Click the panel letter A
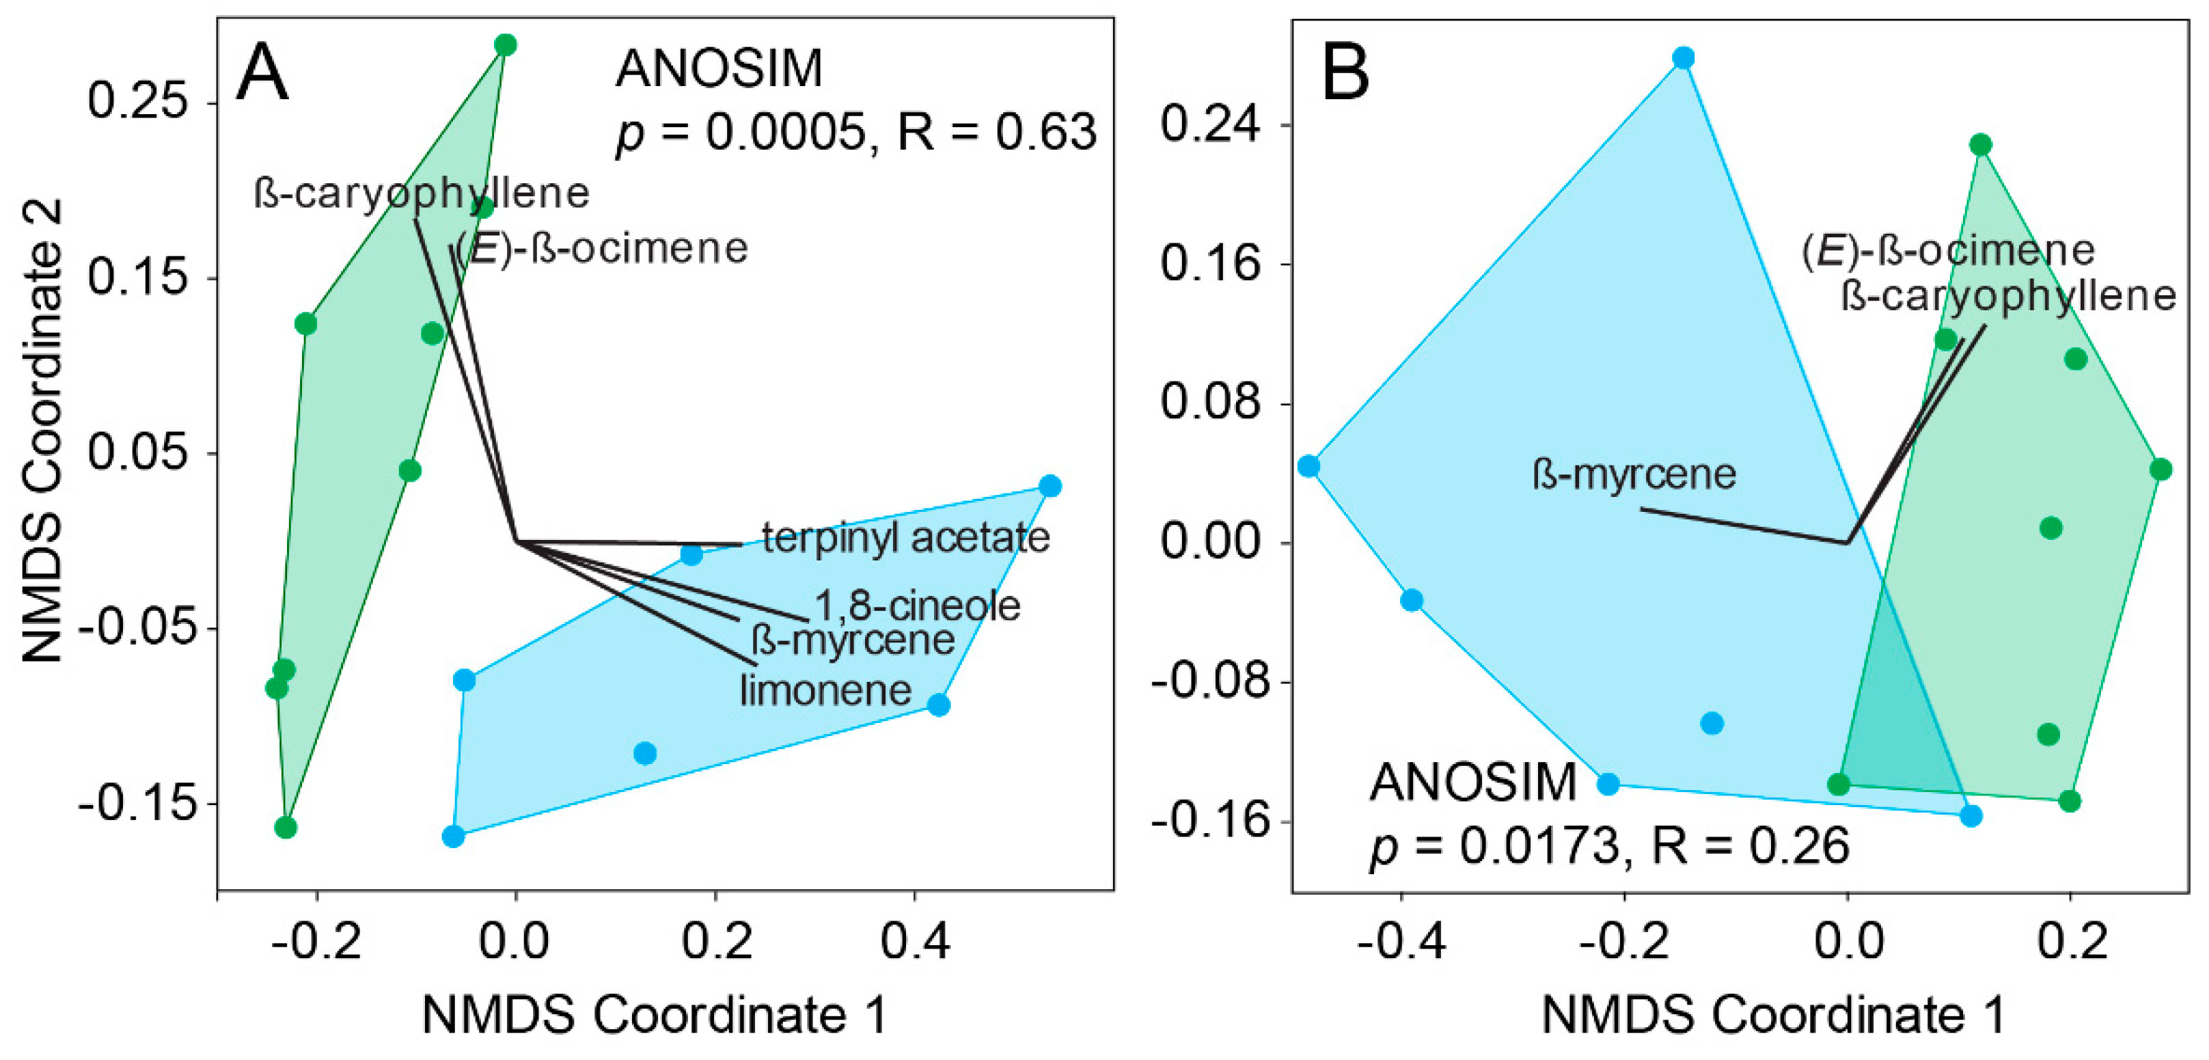[x=262, y=74]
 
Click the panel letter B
[x=1345, y=74]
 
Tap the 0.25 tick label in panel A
[x=137, y=102]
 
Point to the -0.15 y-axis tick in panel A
[x=133, y=804]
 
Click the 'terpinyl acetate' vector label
[x=905, y=539]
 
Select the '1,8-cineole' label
[x=917, y=606]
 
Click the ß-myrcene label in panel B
[x=1634, y=474]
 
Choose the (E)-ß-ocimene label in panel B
[x=1947, y=250]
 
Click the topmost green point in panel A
[x=506, y=44]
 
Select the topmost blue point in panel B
[x=1684, y=58]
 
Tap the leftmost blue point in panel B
[x=1308, y=465]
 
